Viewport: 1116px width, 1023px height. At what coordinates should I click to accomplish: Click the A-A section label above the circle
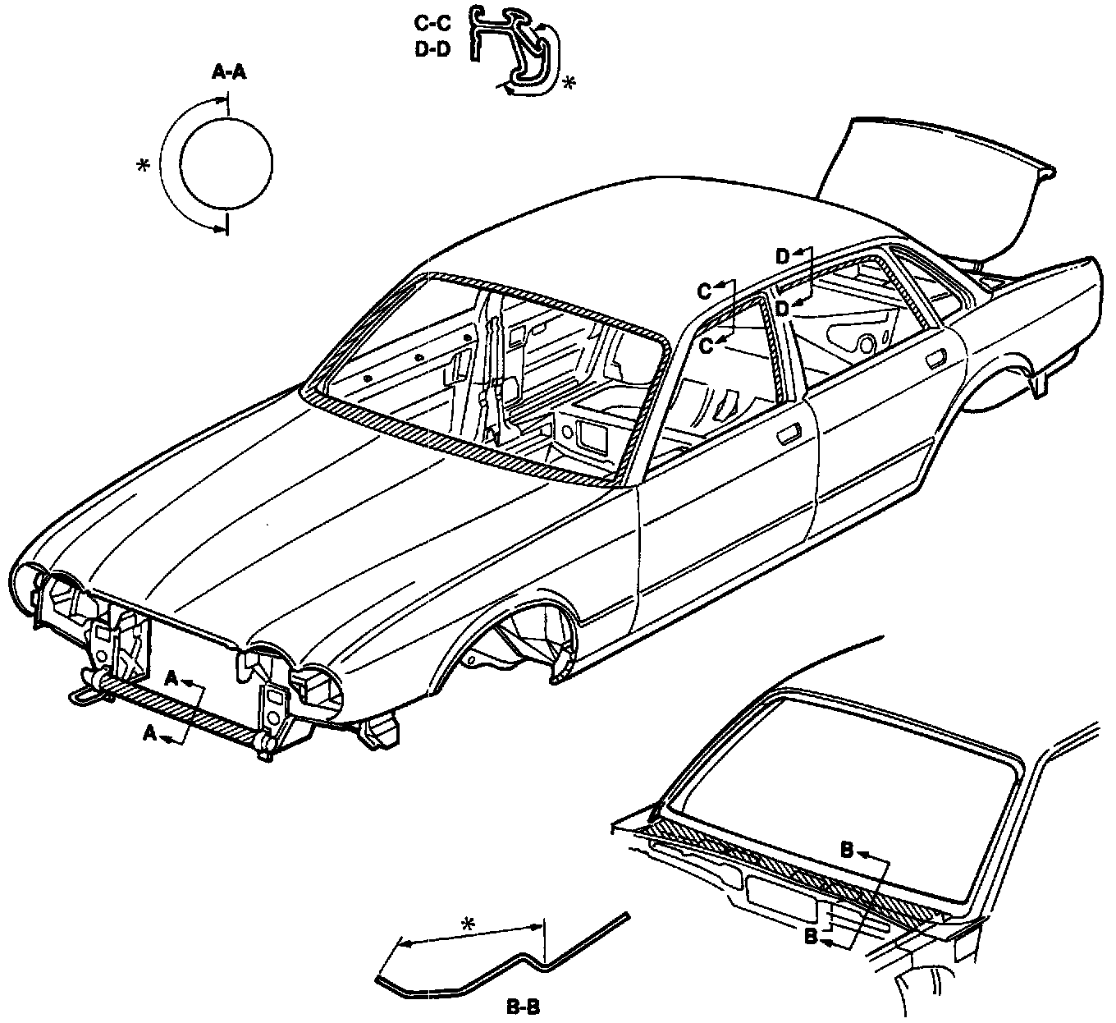pyautogui.click(x=229, y=73)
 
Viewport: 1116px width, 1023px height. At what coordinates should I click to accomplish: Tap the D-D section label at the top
pyautogui.click(x=432, y=48)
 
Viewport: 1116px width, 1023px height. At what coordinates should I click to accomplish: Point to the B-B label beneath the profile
pyautogui.click(x=523, y=1005)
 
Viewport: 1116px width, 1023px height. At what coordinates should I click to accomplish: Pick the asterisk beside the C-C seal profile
pyautogui.click(x=568, y=83)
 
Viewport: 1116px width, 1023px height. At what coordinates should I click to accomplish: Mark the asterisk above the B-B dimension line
pyautogui.click(x=468, y=925)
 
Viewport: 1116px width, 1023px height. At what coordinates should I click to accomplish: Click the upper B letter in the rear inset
pyautogui.click(x=848, y=849)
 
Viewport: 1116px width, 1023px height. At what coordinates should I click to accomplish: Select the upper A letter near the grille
pyautogui.click(x=171, y=677)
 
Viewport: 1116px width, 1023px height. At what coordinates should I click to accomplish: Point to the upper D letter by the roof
pyautogui.click(x=782, y=256)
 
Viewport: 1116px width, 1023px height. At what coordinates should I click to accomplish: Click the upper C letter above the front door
pyautogui.click(x=704, y=291)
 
